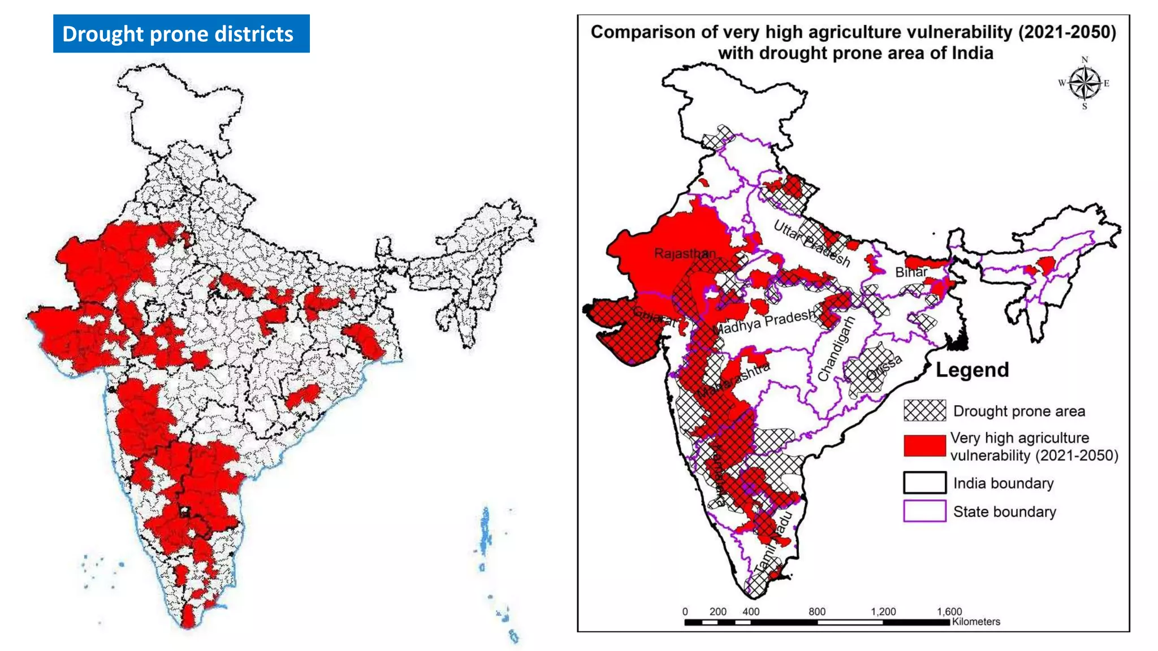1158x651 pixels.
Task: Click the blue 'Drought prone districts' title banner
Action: coord(181,34)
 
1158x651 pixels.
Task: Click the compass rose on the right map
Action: coord(1084,83)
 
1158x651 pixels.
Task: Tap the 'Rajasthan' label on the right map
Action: coord(684,253)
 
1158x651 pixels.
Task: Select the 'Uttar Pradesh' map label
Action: coord(811,244)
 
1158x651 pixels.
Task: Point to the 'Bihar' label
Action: coord(911,272)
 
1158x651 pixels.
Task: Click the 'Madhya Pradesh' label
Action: coord(764,322)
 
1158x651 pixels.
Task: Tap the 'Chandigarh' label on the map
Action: coord(836,348)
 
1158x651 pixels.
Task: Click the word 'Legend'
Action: coord(972,370)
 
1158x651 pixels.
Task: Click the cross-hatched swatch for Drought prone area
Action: coord(924,411)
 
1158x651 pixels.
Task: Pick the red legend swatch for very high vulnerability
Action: coord(924,445)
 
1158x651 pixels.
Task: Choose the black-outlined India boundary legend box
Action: coord(924,483)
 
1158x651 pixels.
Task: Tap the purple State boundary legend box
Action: coord(924,511)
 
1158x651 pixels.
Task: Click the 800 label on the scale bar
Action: coord(816,611)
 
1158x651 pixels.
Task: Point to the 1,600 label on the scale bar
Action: coord(949,611)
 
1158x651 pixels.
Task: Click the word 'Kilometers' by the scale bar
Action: coord(976,622)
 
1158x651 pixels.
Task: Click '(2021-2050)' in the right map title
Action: coord(1067,32)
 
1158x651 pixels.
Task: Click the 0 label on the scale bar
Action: coord(685,611)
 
